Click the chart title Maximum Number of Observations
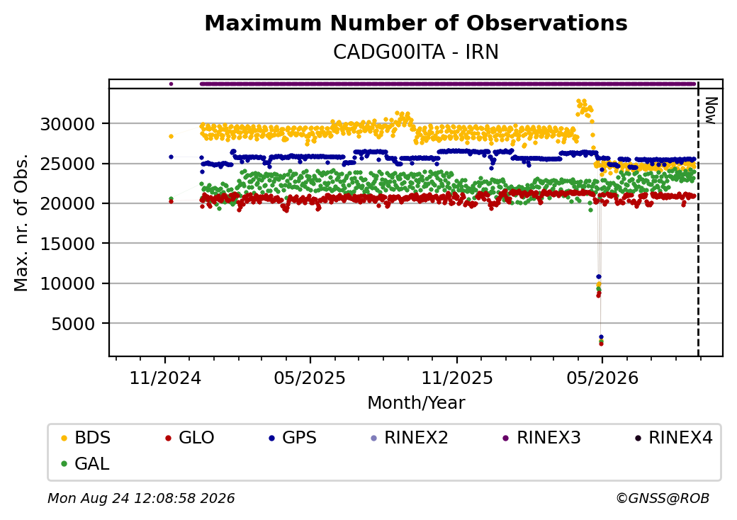(416, 23)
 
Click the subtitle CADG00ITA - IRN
(416, 52)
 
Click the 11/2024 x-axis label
(165, 378)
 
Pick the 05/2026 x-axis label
(602, 378)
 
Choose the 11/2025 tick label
(457, 378)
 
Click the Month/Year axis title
(416, 403)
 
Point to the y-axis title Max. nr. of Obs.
(21, 222)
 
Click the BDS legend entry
(86, 438)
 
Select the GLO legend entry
(190, 438)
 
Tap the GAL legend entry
(86, 463)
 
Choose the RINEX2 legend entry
(410, 438)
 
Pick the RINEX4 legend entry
(673, 438)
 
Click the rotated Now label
(711, 111)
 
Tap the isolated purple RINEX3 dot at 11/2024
(171, 84)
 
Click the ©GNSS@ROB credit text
(663, 498)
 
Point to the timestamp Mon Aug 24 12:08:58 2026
(141, 498)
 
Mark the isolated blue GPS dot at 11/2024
(171, 157)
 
